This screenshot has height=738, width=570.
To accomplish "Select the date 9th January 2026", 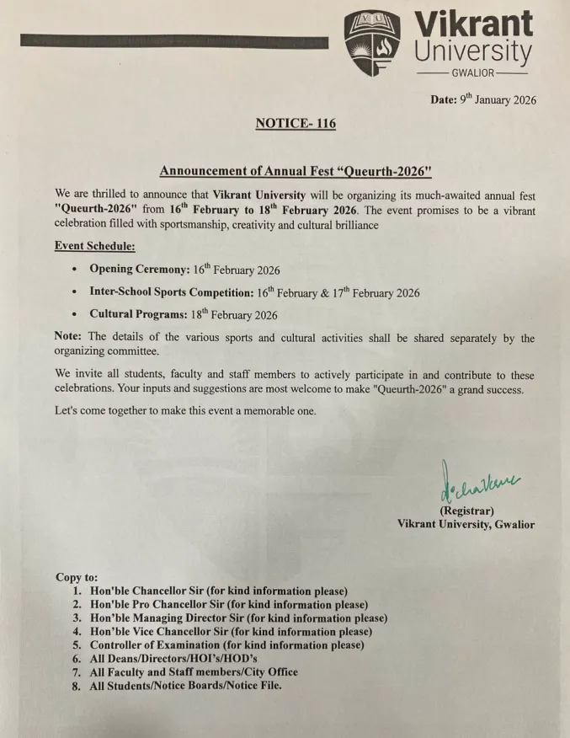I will (x=483, y=99).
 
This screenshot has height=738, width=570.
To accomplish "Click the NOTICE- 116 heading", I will (x=295, y=124).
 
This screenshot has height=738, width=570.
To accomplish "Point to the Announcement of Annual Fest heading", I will (x=295, y=171).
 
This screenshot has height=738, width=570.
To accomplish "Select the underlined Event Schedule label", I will (x=94, y=246).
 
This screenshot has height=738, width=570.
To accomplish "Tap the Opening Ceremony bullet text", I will (x=184, y=270).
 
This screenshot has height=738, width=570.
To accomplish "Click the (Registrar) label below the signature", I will (x=466, y=511).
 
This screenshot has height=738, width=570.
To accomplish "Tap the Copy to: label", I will (x=77, y=577).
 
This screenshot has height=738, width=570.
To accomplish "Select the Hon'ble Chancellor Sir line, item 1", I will (x=219, y=591).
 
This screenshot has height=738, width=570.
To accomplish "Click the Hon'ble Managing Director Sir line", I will (x=238, y=618).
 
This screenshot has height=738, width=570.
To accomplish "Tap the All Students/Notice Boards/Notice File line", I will (x=185, y=686).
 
